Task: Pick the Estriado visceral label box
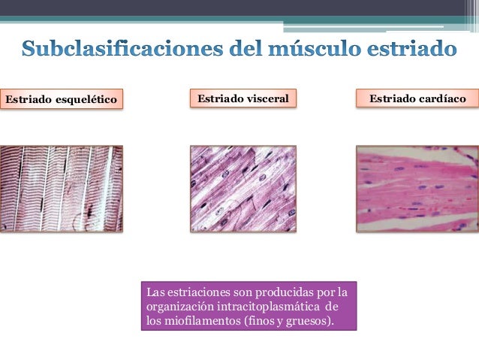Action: coord(243,98)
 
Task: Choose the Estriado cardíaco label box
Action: coord(417,98)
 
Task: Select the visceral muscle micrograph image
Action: coord(243,188)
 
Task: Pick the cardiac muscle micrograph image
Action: coord(417,188)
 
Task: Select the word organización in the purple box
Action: coord(176,307)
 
